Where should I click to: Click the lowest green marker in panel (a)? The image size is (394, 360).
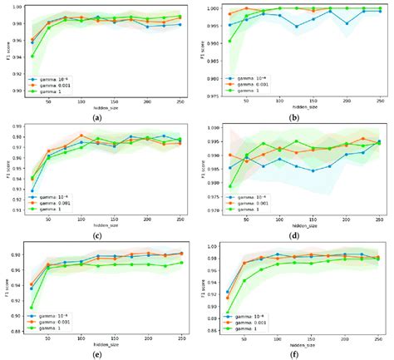tap(32, 57)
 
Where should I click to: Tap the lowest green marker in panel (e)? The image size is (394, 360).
tap(32, 308)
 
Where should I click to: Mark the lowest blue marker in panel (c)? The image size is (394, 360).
tap(32, 190)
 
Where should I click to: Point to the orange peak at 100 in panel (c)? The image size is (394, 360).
tap(81, 136)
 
